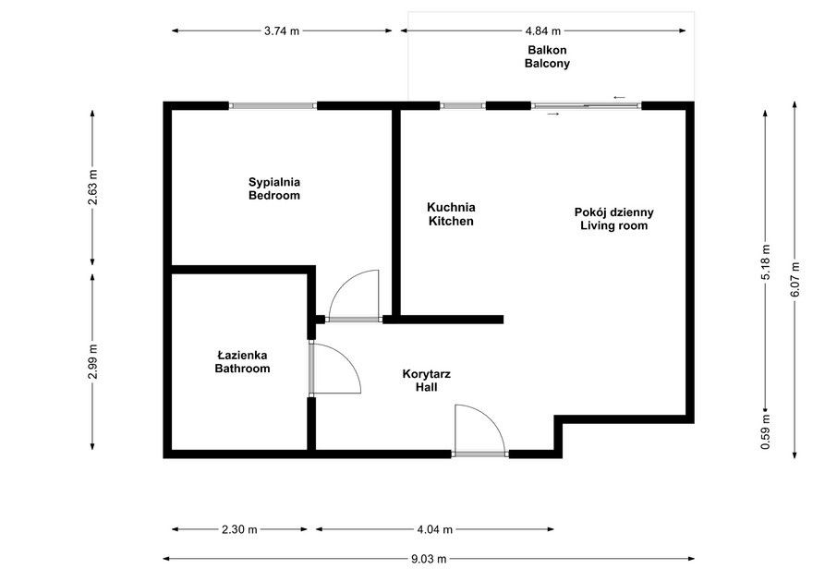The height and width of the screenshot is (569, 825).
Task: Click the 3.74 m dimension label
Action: pyautogui.click(x=282, y=30)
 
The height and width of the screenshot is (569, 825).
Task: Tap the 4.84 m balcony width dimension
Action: pyautogui.click(x=543, y=30)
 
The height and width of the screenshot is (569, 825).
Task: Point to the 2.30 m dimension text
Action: pyautogui.click(x=240, y=529)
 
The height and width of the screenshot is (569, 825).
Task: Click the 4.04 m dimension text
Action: pyautogui.click(x=434, y=529)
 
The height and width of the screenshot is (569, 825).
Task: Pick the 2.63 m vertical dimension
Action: pyautogui.click(x=92, y=188)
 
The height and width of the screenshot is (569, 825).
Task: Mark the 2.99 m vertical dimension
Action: pyautogui.click(x=92, y=361)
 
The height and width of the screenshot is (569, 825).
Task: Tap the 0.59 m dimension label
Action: pyautogui.click(x=766, y=434)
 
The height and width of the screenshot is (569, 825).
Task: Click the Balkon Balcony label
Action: pyautogui.click(x=547, y=57)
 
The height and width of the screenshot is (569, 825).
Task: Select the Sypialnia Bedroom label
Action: pyautogui.click(x=274, y=188)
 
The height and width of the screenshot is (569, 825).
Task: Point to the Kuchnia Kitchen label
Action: pyautogui.click(x=451, y=214)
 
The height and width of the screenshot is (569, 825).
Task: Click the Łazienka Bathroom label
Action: pyautogui.click(x=242, y=361)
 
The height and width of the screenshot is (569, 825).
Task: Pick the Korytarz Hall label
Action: pyautogui.click(x=426, y=381)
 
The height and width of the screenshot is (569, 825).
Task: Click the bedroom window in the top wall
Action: pyautogui.click(x=273, y=105)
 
